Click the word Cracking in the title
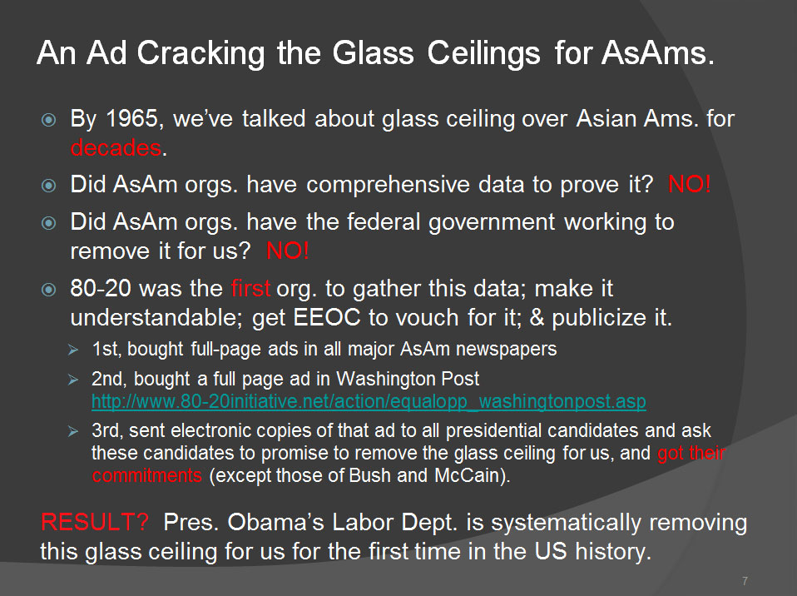(x=200, y=53)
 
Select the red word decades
(x=116, y=148)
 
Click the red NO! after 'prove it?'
(x=689, y=184)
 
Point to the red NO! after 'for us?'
(x=288, y=251)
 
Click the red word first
(x=250, y=288)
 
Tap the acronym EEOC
(x=327, y=317)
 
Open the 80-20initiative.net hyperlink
(x=369, y=402)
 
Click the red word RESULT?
(x=95, y=522)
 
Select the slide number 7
(x=745, y=581)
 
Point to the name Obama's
(x=275, y=522)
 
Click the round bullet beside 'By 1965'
(x=48, y=120)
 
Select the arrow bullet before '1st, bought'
(x=73, y=350)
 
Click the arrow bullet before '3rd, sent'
(x=73, y=432)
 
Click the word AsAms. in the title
(x=658, y=53)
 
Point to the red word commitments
(x=147, y=475)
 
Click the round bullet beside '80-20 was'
(x=48, y=290)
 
